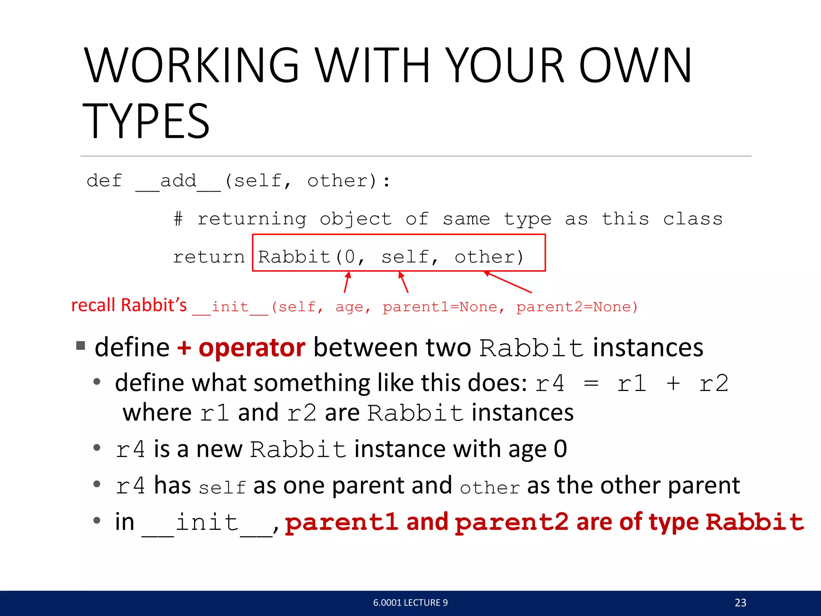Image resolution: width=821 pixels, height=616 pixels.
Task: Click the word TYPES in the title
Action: click(146, 121)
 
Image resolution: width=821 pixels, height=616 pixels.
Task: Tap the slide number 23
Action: click(740, 602)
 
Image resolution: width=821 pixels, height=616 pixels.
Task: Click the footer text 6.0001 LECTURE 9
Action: click(410, 602)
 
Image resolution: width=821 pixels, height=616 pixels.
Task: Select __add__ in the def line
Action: click(178, 181)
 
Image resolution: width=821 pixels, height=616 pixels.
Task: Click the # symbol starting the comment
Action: click(178, 219)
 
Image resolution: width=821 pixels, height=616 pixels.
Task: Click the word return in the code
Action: click(208, 257)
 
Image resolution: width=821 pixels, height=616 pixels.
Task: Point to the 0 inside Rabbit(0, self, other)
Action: click(350, 257)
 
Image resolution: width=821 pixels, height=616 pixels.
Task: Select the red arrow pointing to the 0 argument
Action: click(347, 282)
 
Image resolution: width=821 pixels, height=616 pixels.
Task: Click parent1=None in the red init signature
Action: click(440, 307)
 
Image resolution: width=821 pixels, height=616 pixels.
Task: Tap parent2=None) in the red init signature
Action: click(576, 307)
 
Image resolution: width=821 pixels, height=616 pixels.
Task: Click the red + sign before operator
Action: click(184, 347)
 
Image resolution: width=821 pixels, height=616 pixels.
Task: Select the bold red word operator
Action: click(252, 347)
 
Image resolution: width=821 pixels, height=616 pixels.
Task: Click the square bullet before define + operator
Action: click(81, 345)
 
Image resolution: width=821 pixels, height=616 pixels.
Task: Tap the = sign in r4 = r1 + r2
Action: click(591, 383)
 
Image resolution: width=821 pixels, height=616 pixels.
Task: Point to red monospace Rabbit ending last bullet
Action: click(754, 522)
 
